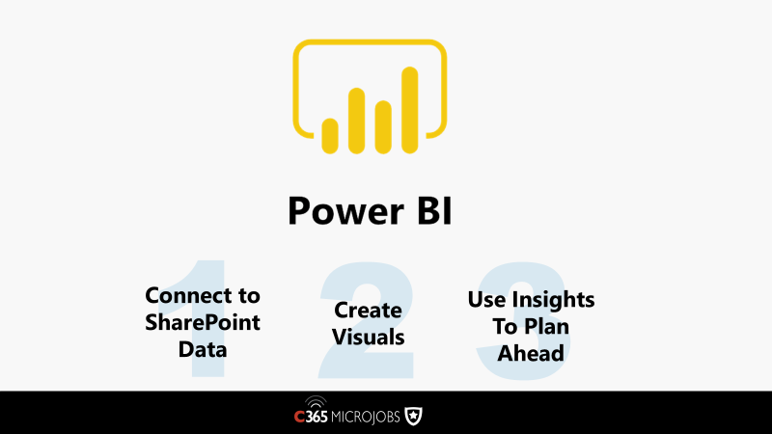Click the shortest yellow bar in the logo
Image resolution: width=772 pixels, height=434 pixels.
click(x=330, y=136)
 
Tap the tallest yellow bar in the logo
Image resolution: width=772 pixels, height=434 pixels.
click(x=409, y=110)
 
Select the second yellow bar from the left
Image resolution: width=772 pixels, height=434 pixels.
click(x=356, y=121)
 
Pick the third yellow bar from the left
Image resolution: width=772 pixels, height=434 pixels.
click(x=383, y=127)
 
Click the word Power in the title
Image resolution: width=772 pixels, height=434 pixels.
click(x=345, y=210)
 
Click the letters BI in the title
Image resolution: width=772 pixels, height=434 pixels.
click(x=434, y=210)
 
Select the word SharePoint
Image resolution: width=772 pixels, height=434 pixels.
click(x=203, y=322)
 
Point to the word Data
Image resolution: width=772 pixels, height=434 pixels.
click(x=203, y=349)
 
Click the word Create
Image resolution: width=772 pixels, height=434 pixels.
click(x=368, y=310)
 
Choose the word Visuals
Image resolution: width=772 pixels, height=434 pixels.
click(x=368, y=337)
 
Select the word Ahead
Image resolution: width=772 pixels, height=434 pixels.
click(x=531, y=353)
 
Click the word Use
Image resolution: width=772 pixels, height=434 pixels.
click(x=487, y=299)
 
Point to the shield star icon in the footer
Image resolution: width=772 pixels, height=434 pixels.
click(x=413, y=417)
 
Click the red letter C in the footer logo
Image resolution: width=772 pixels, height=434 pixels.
click(x=299, y=417)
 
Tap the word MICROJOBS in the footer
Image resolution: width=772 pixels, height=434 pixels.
click(x=366, y=418)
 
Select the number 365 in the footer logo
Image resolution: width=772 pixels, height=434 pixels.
click(x=317, y=417)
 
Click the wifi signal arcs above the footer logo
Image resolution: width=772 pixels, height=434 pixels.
click(x=316, y=400)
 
